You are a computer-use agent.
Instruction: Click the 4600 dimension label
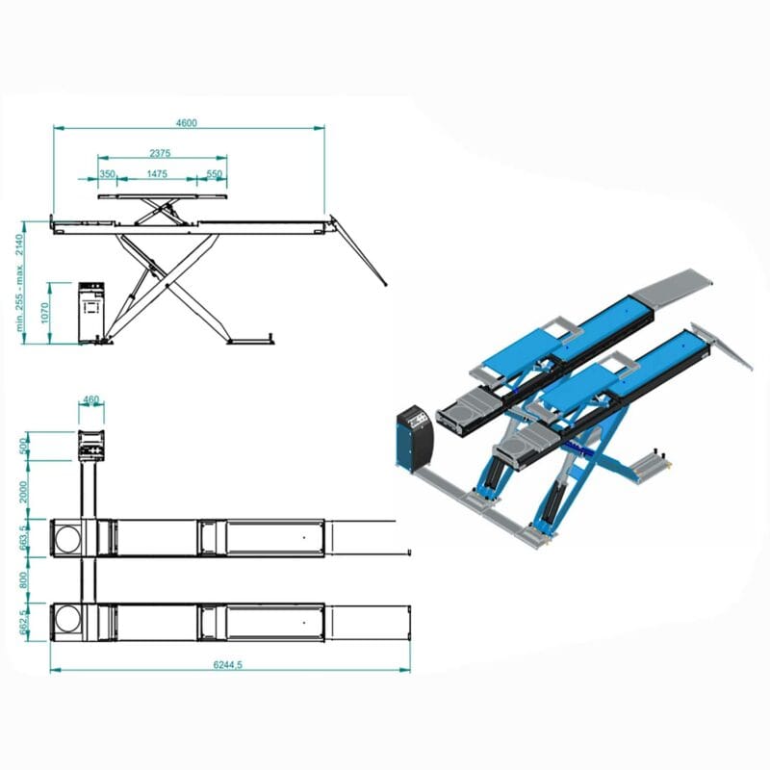pos(186,122)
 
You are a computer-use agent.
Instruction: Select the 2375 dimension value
pos(160,153)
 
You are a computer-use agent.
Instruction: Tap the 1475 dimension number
pos(157,174)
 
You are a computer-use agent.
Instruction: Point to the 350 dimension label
pos(107,174)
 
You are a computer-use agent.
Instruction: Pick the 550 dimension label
pos(214,174)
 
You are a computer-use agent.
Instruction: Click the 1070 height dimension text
pos(44,313)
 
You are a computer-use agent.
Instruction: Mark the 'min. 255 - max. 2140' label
pos(19,283)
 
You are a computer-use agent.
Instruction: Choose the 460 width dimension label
pos(91,399)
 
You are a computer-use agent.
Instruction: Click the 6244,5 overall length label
pos(228,664)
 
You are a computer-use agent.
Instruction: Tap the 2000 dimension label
pos(23,492)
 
